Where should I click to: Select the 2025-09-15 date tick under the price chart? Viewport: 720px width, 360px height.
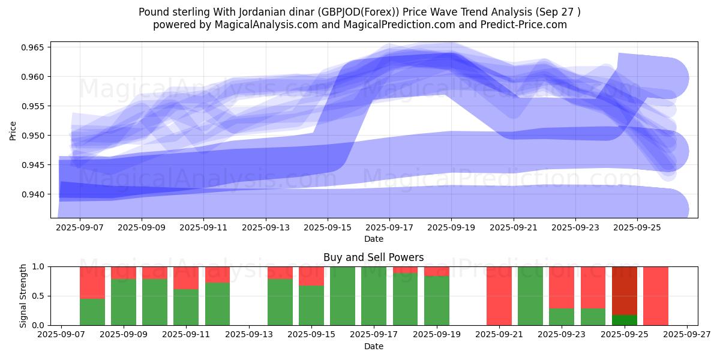coord(328,228)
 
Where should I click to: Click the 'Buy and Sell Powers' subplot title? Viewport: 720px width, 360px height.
coord(373,257)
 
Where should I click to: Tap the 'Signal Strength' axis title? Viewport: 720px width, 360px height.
coord(23,296)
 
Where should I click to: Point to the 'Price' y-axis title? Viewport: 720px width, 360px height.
coord(13,130)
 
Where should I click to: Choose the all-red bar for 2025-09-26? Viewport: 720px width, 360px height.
coord(656,296)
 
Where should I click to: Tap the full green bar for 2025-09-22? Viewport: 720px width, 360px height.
coord(530,296)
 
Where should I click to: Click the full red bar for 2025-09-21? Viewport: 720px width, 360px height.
coord(499,296)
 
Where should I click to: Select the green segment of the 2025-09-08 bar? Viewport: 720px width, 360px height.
coord(92,311)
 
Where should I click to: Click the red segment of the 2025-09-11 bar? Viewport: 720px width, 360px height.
coord(186,278)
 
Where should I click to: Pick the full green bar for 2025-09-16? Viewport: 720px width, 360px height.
coord(343,296)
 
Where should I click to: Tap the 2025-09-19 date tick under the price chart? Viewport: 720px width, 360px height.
coord(452,228)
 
